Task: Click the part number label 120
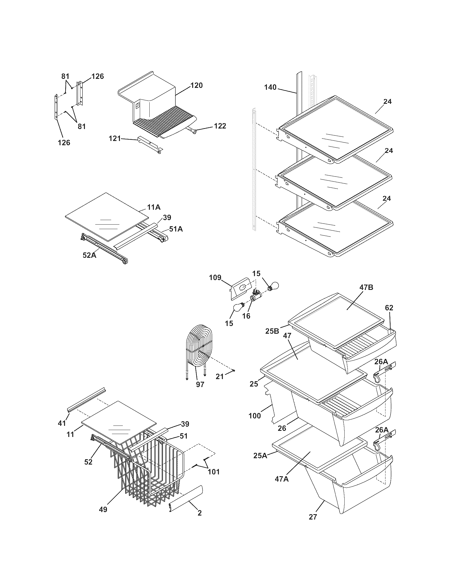196,85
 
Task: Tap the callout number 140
270,87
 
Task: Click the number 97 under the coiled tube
200,384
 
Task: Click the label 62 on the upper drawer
389,308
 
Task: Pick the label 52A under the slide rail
89,255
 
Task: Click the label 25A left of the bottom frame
260,455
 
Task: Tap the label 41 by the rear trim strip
62,423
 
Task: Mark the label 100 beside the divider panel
254,416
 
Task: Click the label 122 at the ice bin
220,126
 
